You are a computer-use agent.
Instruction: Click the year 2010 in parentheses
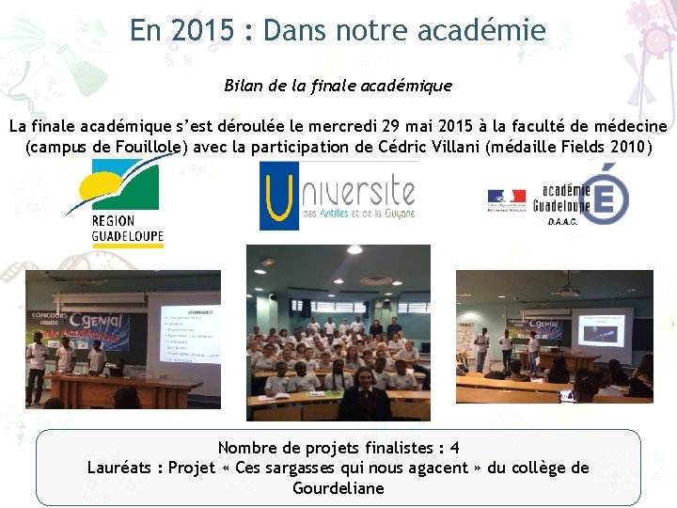[x=624, y=147]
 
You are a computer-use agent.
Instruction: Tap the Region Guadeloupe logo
[x=125, y=190]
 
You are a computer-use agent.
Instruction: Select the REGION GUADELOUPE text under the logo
[x=127, y=229]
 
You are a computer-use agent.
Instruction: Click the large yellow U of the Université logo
[x=279, y=198]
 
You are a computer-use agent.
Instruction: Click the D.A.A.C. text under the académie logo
[x=562, y=222]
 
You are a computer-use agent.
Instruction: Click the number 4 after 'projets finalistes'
[x=454, y=448]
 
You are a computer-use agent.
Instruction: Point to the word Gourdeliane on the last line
[x=338, y=488]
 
